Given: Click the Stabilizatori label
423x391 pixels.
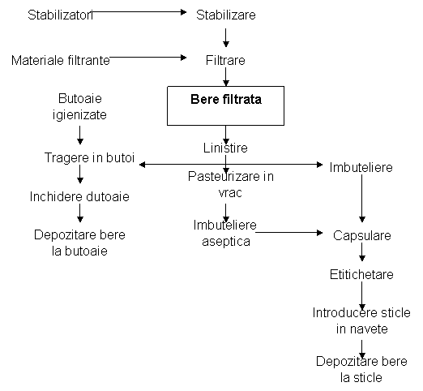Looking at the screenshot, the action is point(60,15).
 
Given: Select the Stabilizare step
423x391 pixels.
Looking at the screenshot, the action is point(226,15).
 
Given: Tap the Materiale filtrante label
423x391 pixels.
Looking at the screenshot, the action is point(61,60).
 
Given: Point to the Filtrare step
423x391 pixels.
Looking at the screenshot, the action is point(225,60).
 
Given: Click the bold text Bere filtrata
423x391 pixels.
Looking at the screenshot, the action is point(226,99).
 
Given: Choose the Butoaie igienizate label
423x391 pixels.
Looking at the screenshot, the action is point(79,106).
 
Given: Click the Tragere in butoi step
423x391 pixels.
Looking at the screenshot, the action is point(89,157).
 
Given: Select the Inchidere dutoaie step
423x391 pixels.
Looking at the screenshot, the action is point(79,196).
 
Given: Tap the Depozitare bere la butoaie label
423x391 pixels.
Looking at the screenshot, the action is point(79,243).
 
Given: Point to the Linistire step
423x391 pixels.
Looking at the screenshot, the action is point(225,148).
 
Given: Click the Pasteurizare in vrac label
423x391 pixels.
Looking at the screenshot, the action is point(231,184).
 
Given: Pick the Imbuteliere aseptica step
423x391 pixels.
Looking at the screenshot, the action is point(225,233).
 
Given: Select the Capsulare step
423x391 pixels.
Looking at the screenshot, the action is point(362,235).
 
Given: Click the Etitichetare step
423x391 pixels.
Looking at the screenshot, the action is point(361,274).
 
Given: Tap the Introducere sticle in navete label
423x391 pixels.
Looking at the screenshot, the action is point(361,320).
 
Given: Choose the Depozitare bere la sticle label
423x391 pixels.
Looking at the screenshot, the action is point(361,369).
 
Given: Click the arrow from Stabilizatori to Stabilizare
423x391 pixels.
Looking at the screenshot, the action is point(139,12).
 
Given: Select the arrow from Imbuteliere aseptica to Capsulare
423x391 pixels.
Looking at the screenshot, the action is point(289,233).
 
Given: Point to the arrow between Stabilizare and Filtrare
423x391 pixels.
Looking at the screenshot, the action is point(226,38).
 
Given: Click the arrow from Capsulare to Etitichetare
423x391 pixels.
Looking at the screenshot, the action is point(362,252).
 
